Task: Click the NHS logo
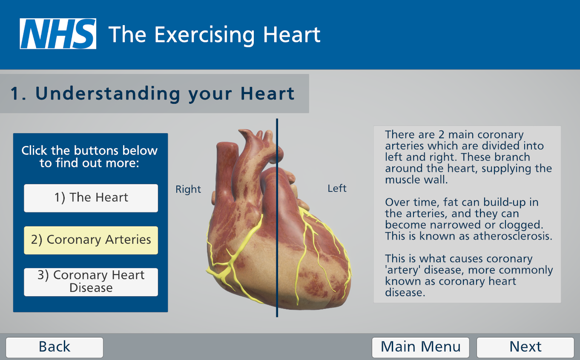[58, 34]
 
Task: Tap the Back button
[55, 347]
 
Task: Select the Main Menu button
[420, 347]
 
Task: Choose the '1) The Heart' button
[91, 198]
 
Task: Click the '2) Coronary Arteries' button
[91, 240]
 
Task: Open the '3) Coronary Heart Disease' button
[91, 282]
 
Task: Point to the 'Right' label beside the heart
[188, 189]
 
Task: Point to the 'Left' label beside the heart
[337, 189]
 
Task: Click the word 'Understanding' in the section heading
[108, 94]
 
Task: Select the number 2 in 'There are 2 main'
[441, 134]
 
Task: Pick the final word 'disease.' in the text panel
[405, 292]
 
